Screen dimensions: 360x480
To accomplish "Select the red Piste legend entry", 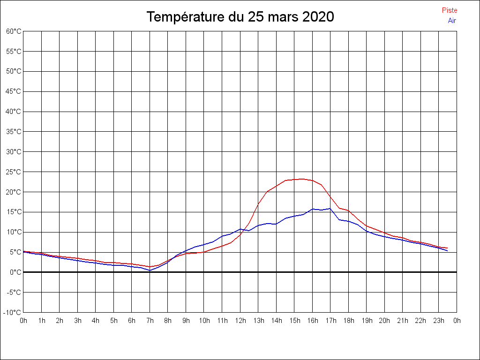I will point(450,10).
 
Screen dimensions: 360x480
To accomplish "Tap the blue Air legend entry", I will point(452,21).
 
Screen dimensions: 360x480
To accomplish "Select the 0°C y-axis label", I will point(15,272).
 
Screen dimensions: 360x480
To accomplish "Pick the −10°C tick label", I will point(13,312).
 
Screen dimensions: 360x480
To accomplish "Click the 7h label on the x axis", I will point(150,321).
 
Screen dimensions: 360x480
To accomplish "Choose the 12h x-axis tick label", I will point(240,321).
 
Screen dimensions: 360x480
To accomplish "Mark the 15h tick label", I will point(294,321).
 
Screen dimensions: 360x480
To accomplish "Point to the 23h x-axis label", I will point(439,321).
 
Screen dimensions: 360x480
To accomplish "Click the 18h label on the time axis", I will point(349,321).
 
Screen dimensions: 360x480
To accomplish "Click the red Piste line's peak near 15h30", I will point(303,179).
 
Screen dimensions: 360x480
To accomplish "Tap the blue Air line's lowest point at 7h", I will point(150,270).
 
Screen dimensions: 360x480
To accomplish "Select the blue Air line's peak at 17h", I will point(330,209).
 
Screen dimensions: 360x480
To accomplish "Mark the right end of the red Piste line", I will point(448,248).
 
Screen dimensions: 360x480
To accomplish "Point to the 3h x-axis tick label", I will point(78,321).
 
